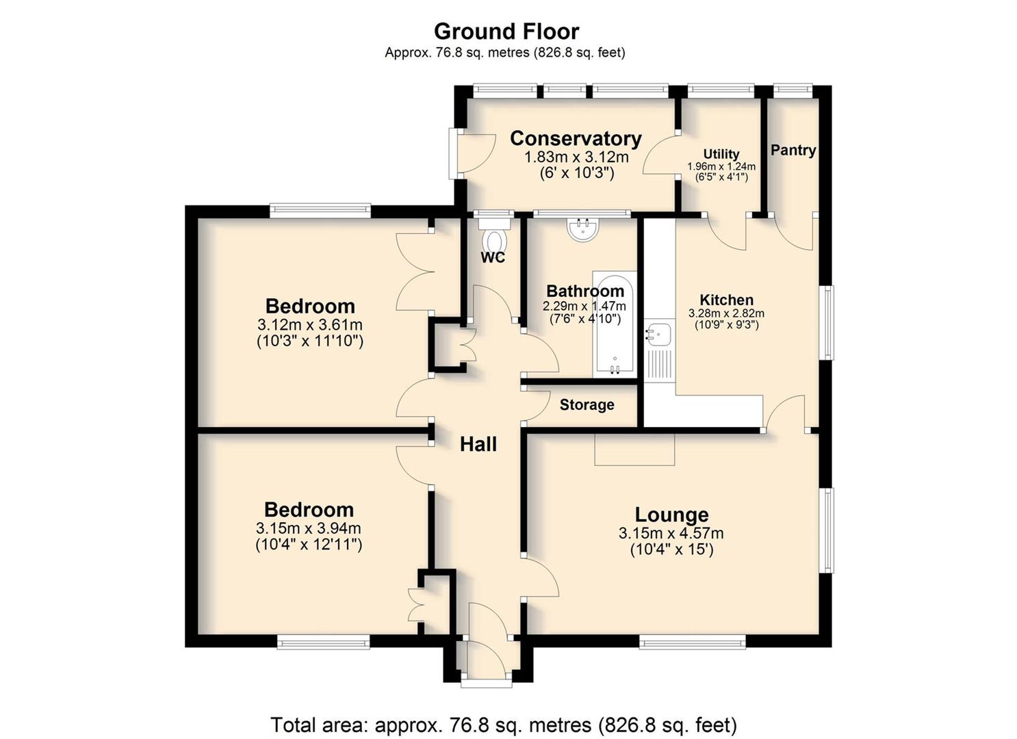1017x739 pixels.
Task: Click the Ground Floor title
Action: coord(506,31)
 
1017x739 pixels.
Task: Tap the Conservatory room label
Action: coord(576,138)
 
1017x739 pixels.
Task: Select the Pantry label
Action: coord(793,151)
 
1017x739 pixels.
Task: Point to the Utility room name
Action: coord(721,154)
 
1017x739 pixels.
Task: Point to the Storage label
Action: coord(587,404)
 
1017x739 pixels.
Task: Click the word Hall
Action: coord(478,444)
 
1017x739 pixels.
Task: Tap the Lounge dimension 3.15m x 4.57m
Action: coord(671,533)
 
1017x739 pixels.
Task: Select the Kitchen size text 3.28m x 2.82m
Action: coord(726,313)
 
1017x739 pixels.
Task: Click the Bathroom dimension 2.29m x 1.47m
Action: coord(584,306)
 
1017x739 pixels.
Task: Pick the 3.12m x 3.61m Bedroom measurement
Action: coord(309,325)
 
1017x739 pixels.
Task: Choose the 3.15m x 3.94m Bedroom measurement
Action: coord(309,528)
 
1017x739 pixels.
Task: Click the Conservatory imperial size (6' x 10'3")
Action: coord(577,173)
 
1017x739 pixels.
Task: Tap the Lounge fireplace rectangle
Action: coord(634,449)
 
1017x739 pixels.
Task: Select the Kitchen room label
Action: coord(726,300)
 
